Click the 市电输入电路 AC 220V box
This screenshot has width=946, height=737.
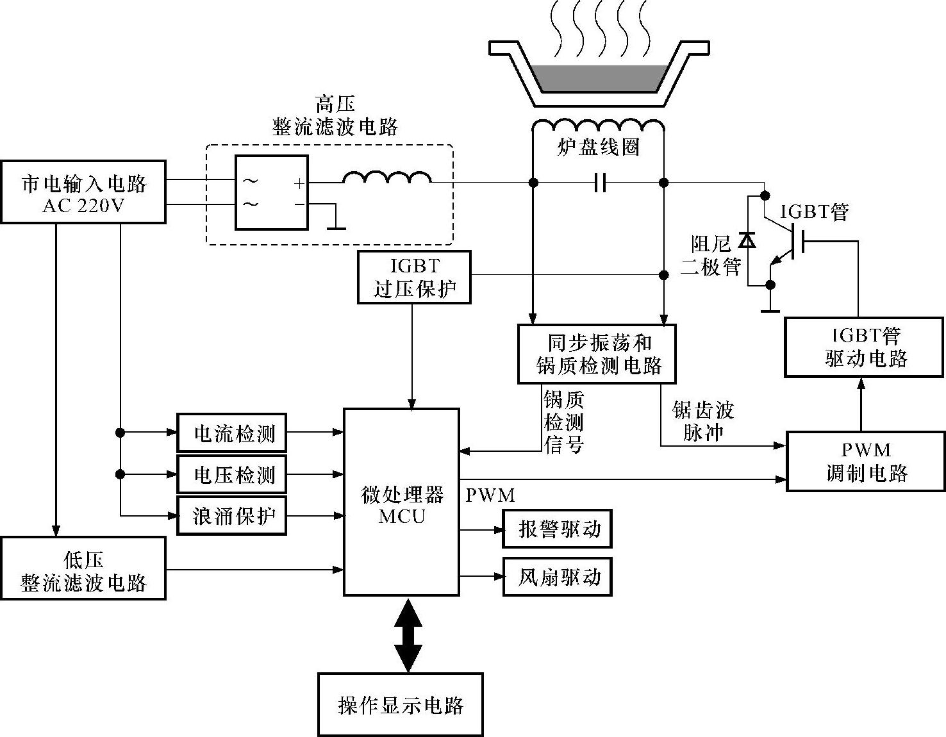coord(83,192)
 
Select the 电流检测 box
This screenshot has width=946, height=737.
coord(232,433)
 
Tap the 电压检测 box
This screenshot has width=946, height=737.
coord(232,474)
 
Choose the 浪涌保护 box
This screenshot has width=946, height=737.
coord(232,515)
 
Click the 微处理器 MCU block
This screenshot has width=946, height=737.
coord(402,502)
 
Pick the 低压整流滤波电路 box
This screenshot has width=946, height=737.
coord(83,568)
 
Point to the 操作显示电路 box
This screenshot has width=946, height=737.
coord(401,704)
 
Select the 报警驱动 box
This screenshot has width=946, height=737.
coord(558,529)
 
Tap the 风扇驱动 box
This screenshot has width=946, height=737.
coord(558,577)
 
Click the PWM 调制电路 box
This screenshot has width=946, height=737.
coord(866,461)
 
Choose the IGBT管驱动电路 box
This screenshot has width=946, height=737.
coord(866,347)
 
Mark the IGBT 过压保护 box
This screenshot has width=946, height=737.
coord(414,277)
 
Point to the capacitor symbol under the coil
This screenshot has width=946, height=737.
coord(599,183)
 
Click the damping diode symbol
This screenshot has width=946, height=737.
coord(747,240)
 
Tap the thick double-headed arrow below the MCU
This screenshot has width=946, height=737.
coord(408,634)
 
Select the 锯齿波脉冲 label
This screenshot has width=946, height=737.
coord(703,421)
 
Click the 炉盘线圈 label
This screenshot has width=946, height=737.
coord(598,148)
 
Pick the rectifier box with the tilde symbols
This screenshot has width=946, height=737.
coord(271,192)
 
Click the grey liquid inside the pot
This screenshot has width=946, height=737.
coord(598,77)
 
